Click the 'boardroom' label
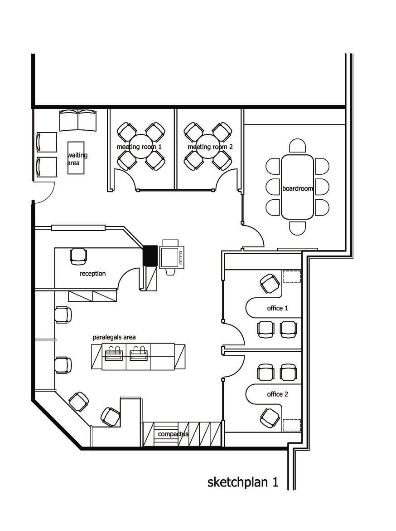pos(297,188)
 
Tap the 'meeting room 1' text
pos(139,147)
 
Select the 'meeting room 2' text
pos(210,147)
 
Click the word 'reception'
pos(92,274)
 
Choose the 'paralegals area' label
pos(114,337)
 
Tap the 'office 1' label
pos(278,308)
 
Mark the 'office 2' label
pos(278,394)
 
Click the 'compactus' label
pos(173,434)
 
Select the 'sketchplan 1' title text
pos(243,482)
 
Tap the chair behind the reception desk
pos(78,256)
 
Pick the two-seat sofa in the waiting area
pos(78,120)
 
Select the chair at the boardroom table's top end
pos(298,146)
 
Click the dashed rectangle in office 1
pos(292,276)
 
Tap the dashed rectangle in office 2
pos(292,425)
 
